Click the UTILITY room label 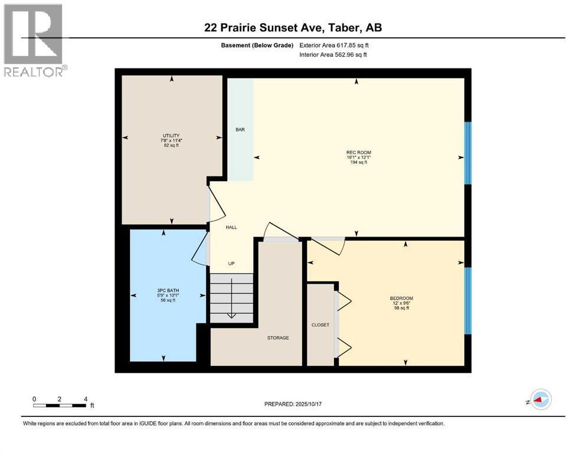click(x=171, y=136)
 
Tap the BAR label click(x=240, y=130)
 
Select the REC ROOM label click(x=358, y=152)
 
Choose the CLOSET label click(x=320, y=325)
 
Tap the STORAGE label click(x=278, y=338)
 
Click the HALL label click(x=231, y=227)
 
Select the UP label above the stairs click(x=231, y=263)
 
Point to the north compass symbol click(x=539, y=400)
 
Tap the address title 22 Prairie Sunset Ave click(x=293, y=28)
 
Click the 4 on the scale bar click(x=86, y=399)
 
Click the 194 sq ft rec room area click(x=358, y=162)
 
